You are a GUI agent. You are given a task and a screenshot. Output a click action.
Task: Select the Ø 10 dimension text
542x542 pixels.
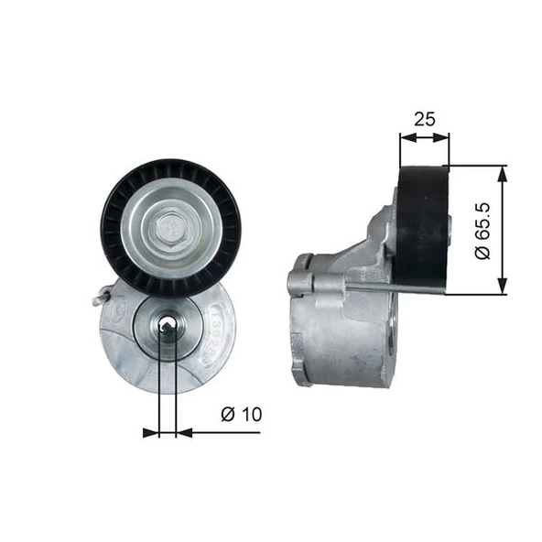click(x=242, y=414)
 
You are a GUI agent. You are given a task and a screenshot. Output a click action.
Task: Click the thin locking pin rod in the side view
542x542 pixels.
click(x=366, y=291)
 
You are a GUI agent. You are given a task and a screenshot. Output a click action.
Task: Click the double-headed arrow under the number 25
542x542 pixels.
click(x=425, y=138)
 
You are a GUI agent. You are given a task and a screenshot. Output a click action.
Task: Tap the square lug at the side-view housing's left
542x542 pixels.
click(x=299, y=280)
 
